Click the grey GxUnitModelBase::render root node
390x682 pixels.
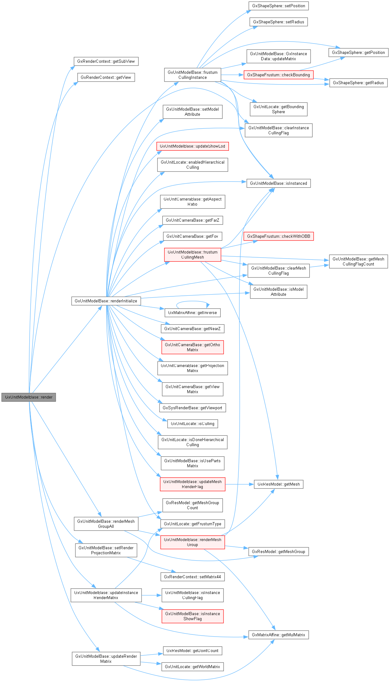[x=29, y=397]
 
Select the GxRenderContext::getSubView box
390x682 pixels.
[x=106, y=61]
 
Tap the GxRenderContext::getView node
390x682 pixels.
[x=106, y=78]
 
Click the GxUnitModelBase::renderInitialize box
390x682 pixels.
[x=106, y=301]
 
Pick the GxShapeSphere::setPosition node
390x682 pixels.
[x=278, y=6]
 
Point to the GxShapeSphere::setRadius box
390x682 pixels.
[x=278, y=22]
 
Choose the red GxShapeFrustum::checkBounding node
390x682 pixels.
[x=278, y=75]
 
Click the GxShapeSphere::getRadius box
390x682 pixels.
[x=358, y=83]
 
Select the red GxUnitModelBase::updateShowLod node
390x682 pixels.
[x=192, y=146]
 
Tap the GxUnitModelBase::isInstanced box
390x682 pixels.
[x=278, y=184]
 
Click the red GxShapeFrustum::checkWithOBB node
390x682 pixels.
[x=278, y=236]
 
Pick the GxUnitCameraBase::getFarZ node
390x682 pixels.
[x=192, y=220]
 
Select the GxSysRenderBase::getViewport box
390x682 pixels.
[x=192, y=408]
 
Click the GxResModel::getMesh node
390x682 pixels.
[x=278, y=484]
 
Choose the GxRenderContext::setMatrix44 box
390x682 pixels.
[x=192, y=577]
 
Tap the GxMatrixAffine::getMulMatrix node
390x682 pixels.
[x=278, y=635]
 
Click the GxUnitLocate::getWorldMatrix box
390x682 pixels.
[x=192, y=667]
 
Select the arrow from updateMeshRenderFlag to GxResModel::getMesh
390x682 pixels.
[x=240, y=484]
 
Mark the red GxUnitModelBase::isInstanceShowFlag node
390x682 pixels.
[x=192, y=616]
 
